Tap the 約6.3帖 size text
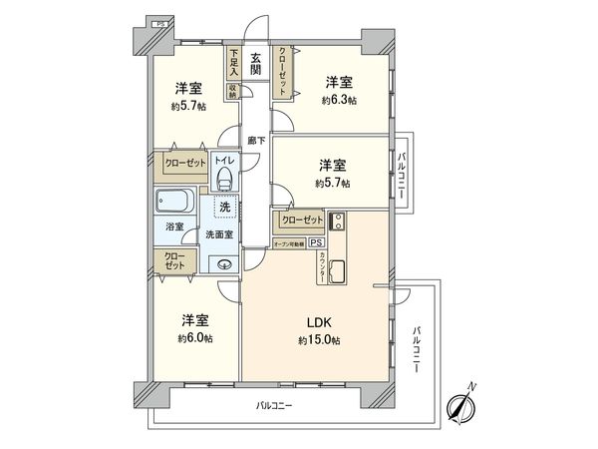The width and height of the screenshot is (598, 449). [x=341, y=100]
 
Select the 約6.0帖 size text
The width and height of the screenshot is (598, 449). [x=195, y=337]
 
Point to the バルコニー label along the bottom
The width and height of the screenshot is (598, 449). [x=273, y=405]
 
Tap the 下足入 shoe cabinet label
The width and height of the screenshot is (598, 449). [x=234, y=62]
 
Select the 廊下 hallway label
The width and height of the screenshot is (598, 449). [x=256, y=141]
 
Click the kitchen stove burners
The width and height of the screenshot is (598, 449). [x=337, y=223]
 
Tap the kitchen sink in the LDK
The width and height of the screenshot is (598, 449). [x=337, y=269]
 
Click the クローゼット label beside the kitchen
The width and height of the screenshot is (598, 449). [x=301, y=221]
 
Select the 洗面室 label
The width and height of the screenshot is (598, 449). [x=218, y=233]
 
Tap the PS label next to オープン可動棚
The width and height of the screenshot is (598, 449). [x=316, y=242]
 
